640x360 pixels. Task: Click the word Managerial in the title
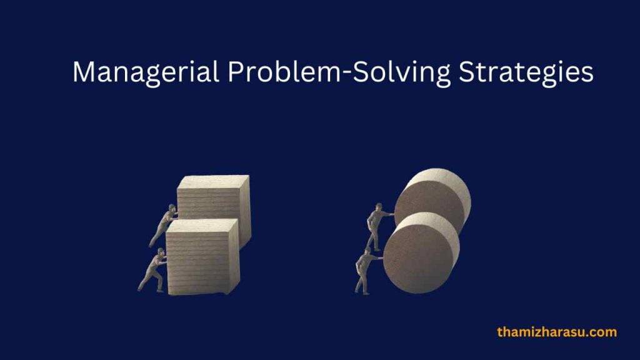[x=145, y=73]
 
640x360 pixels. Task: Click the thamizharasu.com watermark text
[x=556, y=332]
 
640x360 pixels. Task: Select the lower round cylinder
[x=421, y=253]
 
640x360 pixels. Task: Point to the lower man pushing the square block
[x=152, y=270]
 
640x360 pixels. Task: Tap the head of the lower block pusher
[x=161, y=252]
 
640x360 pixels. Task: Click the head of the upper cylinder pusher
[x=378, y=207]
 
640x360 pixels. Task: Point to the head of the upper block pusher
[x=172, y=208]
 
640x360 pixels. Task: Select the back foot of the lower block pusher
[x=141, y=289]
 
